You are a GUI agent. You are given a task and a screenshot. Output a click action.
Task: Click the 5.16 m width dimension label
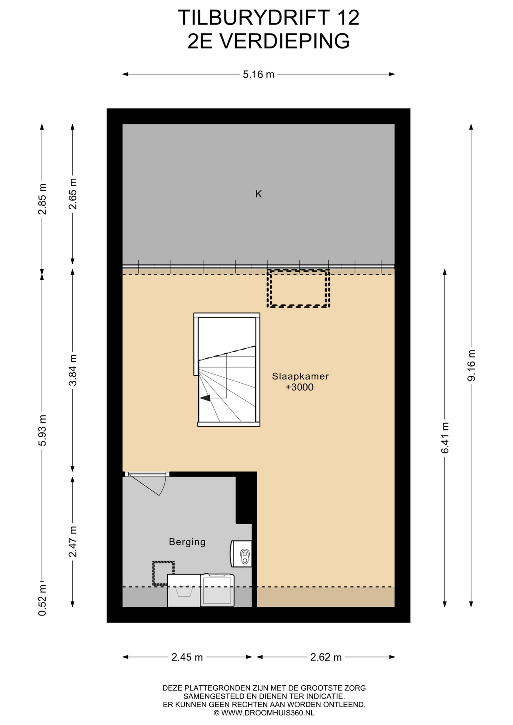[258, 74]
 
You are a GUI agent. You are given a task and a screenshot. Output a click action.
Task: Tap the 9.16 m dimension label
[471, 365]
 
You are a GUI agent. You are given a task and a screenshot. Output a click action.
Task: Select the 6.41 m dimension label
[445, 438]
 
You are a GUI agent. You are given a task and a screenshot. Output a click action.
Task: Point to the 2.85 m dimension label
[42, 199]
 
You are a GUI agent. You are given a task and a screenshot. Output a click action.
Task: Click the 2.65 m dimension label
[73, 194]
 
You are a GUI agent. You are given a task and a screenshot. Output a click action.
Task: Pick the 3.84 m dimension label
[73, 370]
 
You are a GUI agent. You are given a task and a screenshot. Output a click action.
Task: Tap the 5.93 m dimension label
[42, 430]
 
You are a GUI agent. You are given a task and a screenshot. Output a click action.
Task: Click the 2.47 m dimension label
[73, 541]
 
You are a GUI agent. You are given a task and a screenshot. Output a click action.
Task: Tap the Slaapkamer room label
[300, 376]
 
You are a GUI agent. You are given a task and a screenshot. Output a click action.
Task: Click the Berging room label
[187, 542]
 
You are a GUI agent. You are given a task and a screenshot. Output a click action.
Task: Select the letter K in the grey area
[258, 194]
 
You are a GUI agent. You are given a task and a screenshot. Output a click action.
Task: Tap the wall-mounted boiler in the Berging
[241, 554]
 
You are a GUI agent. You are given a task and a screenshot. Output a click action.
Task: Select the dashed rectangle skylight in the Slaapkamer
[298, 288]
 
